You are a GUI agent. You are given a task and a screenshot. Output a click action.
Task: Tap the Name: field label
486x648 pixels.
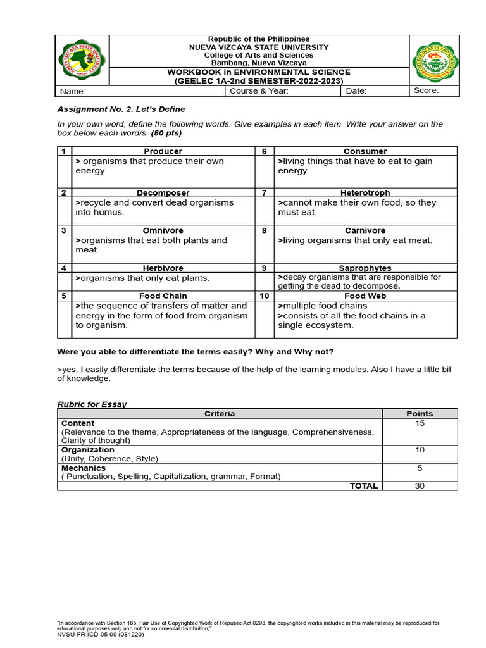click(72, 92)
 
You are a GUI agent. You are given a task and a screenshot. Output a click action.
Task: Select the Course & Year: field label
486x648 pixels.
click(259, 91)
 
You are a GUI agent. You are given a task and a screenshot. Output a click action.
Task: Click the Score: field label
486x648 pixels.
click(426, 91)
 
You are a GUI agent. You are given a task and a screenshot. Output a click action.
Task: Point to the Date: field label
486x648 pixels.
click(356, 91)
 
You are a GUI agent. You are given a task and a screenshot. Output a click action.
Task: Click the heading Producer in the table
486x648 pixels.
click(163, 151)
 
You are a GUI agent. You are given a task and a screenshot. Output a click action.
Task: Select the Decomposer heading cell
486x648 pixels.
click(163, 192)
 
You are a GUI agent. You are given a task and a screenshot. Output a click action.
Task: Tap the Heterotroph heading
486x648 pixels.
click(365, 192)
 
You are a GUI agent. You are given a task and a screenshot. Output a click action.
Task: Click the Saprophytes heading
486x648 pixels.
click(365, 268)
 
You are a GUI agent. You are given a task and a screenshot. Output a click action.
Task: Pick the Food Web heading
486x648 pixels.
click(365, 296)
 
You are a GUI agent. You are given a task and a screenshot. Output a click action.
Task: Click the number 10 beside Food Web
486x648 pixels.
click(265, 296)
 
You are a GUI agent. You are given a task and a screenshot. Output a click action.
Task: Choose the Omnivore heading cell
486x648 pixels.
click(163, 230)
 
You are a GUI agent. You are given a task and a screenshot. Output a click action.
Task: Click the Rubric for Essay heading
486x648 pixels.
click(92, 404)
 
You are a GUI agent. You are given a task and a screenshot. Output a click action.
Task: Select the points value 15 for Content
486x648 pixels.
click(420, 423)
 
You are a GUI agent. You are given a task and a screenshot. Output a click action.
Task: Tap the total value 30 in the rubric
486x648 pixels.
click(420, 486)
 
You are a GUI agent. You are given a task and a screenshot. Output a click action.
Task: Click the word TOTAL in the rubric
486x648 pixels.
click(363, 486)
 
